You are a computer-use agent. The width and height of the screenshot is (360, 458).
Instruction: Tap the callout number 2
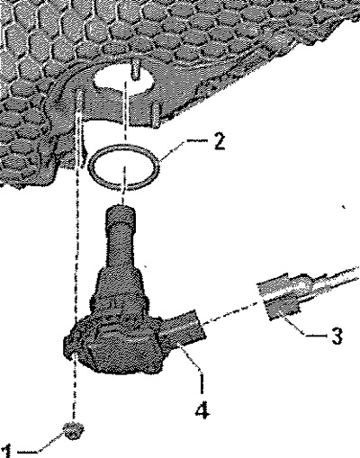(x=218, y=141)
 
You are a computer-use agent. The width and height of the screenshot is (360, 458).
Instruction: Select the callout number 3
(x=337, y=336)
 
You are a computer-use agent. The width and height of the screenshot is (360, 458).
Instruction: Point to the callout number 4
(x=202, y=408)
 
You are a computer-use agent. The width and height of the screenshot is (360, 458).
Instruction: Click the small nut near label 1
(x=73, y=431)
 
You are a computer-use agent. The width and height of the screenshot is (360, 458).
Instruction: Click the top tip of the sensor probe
(x=120, y=207)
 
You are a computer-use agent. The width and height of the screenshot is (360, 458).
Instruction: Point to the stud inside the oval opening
(x=136, y=69)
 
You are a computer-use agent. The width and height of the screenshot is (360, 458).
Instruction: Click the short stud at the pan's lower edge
(x=156, y=115)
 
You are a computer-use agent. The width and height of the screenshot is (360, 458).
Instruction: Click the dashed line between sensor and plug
(x=231, y=315)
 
